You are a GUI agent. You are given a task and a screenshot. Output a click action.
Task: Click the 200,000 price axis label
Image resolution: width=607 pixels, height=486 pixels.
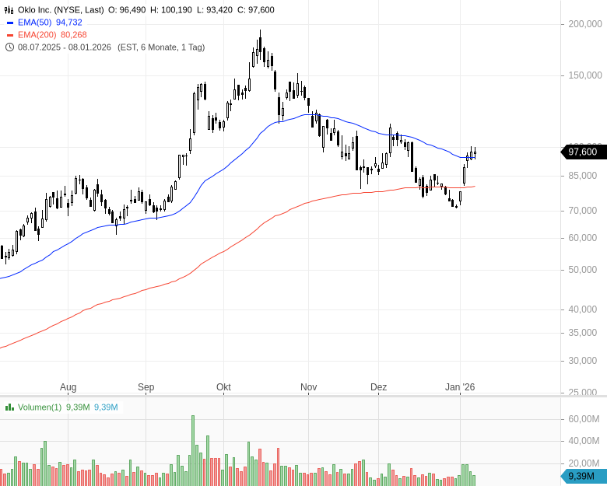click(585, 24)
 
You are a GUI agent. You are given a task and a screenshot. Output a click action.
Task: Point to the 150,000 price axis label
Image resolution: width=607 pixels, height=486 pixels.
click(585, 75)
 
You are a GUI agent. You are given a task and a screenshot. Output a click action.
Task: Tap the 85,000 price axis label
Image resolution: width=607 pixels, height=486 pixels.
click(583, 176)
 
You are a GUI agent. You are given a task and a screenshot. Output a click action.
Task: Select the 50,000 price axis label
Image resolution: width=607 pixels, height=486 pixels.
click(583, 270)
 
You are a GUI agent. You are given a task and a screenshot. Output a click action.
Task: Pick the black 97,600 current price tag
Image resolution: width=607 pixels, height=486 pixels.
click(583, 152)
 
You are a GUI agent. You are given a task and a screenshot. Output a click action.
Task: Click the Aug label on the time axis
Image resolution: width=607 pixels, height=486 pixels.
click(68, 387)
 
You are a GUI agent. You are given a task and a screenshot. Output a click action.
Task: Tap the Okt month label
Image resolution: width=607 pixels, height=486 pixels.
click(223, 387)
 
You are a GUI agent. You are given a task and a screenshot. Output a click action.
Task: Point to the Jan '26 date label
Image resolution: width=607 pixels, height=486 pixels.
click(459, 387)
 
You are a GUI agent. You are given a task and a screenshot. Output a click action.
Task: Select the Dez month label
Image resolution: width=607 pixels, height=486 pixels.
click(378, 387)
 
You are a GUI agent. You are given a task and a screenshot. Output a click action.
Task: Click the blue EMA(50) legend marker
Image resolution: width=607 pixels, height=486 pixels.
click(9, 23)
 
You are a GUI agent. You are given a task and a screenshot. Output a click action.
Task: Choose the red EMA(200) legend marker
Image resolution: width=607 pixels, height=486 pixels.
click(9, 35)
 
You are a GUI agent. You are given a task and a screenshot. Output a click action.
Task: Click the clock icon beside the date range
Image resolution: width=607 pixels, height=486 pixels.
click(9, 47)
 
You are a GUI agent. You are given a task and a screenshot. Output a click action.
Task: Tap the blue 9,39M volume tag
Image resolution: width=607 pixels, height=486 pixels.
click(583, 476)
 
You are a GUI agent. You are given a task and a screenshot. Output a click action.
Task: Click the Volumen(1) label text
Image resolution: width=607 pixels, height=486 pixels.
click(40, 407)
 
